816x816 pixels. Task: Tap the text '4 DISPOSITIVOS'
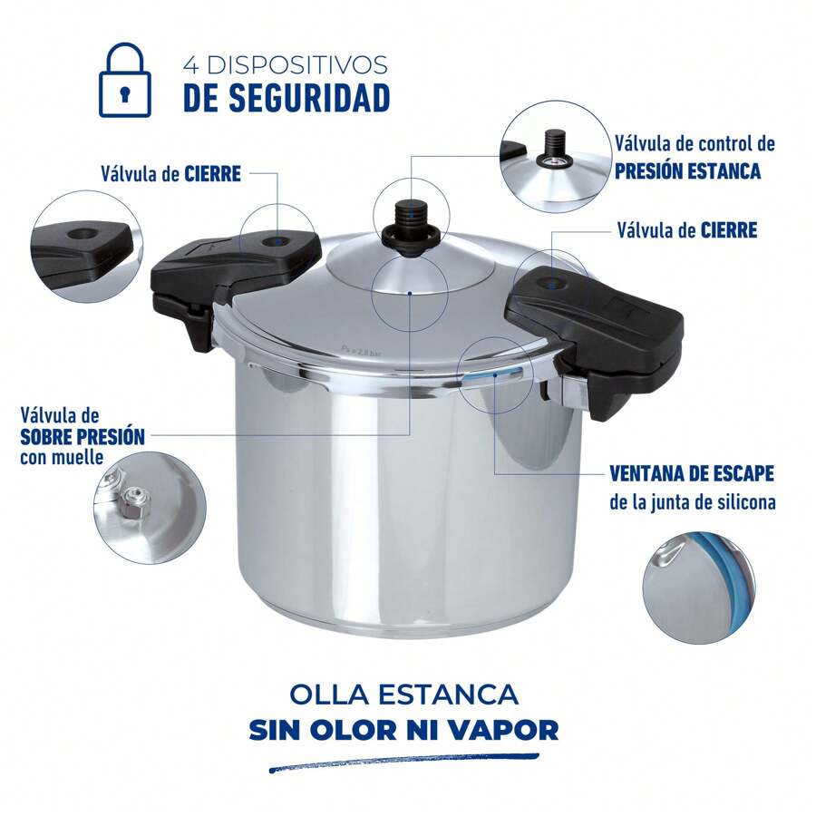[x=285, y=65]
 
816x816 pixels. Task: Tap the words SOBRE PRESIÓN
[x=83, y=435]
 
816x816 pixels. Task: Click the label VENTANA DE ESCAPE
[x=692, y=475]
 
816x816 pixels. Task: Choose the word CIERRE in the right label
[x=728, y=230]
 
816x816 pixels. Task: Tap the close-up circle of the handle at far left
[x=87, y=246]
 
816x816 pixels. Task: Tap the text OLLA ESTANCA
[x=404, y=695]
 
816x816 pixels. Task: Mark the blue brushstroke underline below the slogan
[x=403, y=762]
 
